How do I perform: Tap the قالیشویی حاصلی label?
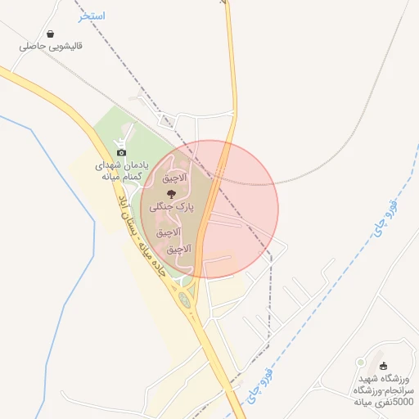click(52, 47)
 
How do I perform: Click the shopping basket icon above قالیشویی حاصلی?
click(52, 35)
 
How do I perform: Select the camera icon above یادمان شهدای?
click(121, 151)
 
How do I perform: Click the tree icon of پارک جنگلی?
click(170, 194)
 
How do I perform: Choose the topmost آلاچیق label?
click(174, 177)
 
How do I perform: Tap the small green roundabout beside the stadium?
click(360, 362)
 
